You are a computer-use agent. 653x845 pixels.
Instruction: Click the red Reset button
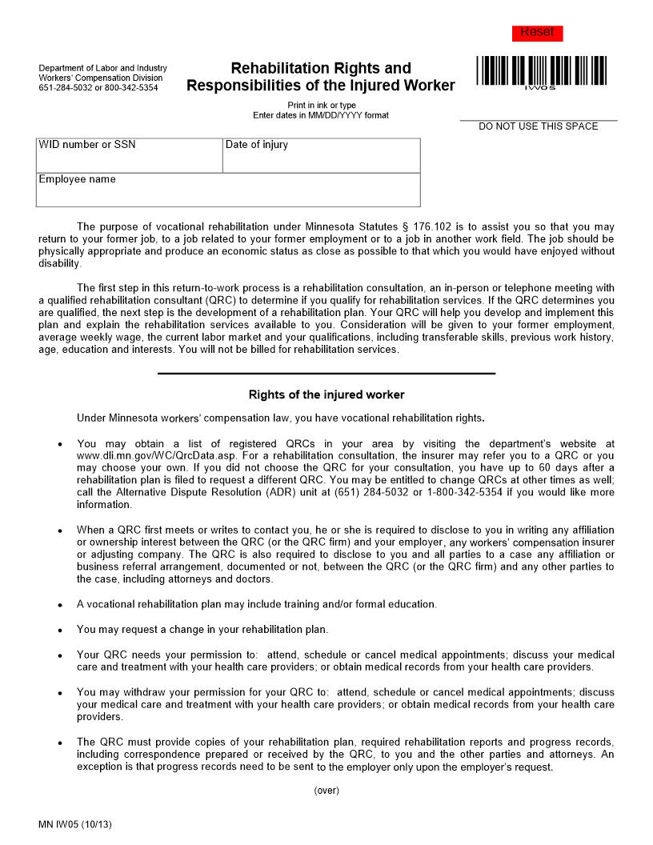537,33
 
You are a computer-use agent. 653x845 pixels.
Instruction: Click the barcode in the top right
541,70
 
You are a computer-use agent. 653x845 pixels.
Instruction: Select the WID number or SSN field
130,156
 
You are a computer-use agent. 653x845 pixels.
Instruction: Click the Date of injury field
321,156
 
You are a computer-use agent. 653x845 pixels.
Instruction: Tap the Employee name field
228,190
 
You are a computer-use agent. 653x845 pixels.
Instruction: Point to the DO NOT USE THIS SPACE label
538,126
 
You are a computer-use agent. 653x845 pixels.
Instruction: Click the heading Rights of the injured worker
326,394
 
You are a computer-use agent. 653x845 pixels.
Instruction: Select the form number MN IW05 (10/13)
74,824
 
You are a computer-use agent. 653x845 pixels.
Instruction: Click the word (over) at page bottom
326,791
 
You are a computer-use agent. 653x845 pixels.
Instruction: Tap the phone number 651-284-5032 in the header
63,88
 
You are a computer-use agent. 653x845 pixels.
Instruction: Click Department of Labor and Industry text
102,69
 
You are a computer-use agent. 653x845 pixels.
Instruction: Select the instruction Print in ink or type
321,106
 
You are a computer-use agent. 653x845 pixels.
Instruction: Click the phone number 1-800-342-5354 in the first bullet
463,492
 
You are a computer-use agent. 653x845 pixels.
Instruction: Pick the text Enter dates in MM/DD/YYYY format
321,115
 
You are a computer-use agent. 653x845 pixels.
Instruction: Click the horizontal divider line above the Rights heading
326,374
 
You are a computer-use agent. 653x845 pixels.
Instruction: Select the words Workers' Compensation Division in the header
100,78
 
